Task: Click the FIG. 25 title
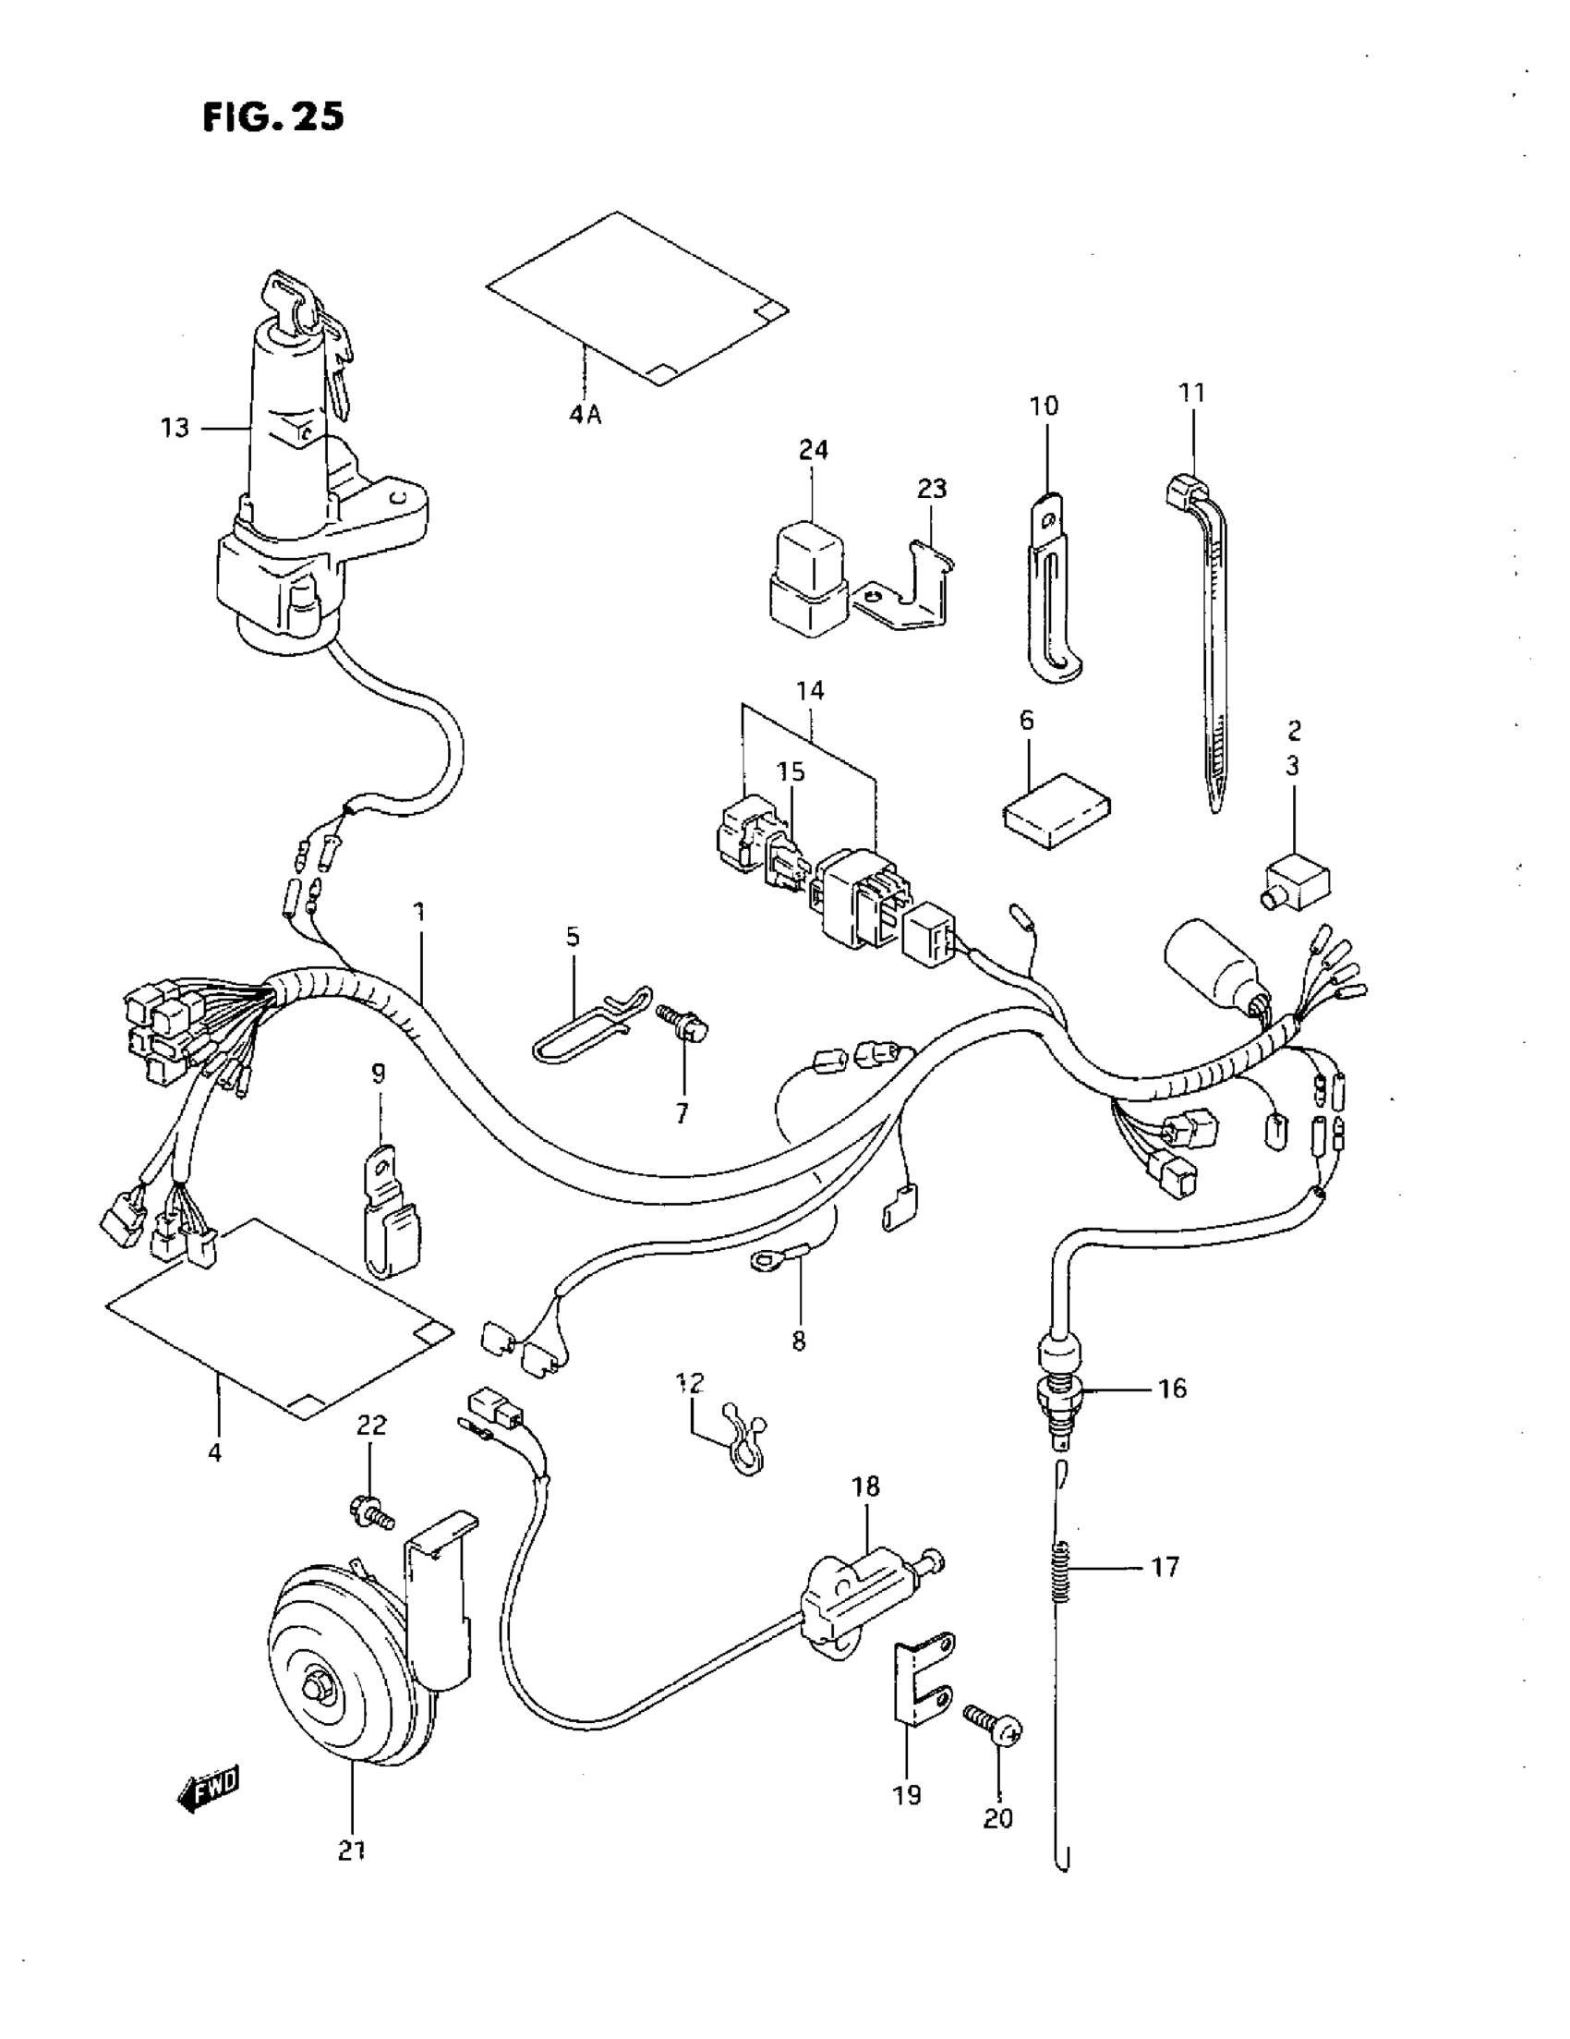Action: coord(272,116)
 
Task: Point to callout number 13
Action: coord(175,428)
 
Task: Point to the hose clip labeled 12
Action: coord(743,1451)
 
